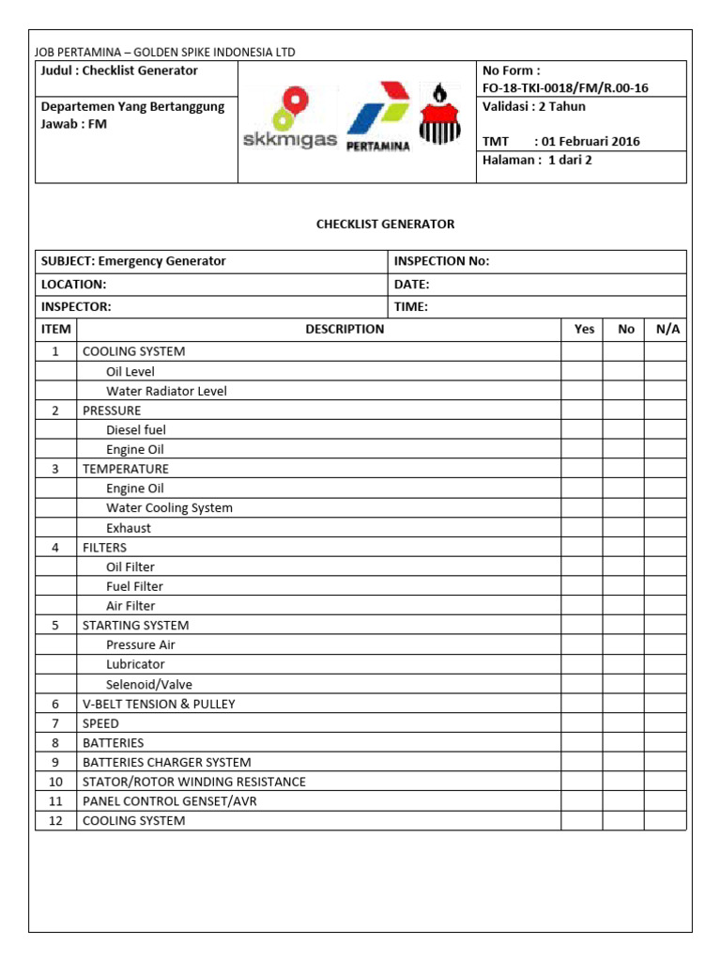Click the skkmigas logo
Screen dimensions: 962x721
[x=288, y=122]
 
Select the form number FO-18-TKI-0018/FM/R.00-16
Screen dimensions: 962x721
[x=565, y=88]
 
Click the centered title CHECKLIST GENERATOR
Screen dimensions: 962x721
[x=385, y=224]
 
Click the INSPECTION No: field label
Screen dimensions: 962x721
[x=441, y=261]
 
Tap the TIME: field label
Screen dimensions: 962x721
[x=412, y=306]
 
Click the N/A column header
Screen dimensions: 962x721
[x=667, y=329]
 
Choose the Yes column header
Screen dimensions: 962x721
[x=584, y=329]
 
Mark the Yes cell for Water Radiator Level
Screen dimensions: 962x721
[x=582, y=391]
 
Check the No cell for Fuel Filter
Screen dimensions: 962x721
[x=624, y=586]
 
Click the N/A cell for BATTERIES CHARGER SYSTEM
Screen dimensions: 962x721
[x=666, y=762]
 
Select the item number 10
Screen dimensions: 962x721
[x=55, y=782]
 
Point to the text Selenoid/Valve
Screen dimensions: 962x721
[x=149, y=684]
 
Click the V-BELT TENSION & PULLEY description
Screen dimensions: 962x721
[x=159, y=704]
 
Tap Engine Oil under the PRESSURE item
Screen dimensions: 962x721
[x=135, y=449]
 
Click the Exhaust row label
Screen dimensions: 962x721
[x=129, y=528]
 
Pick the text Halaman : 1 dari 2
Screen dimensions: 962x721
[x=537, y=160]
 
